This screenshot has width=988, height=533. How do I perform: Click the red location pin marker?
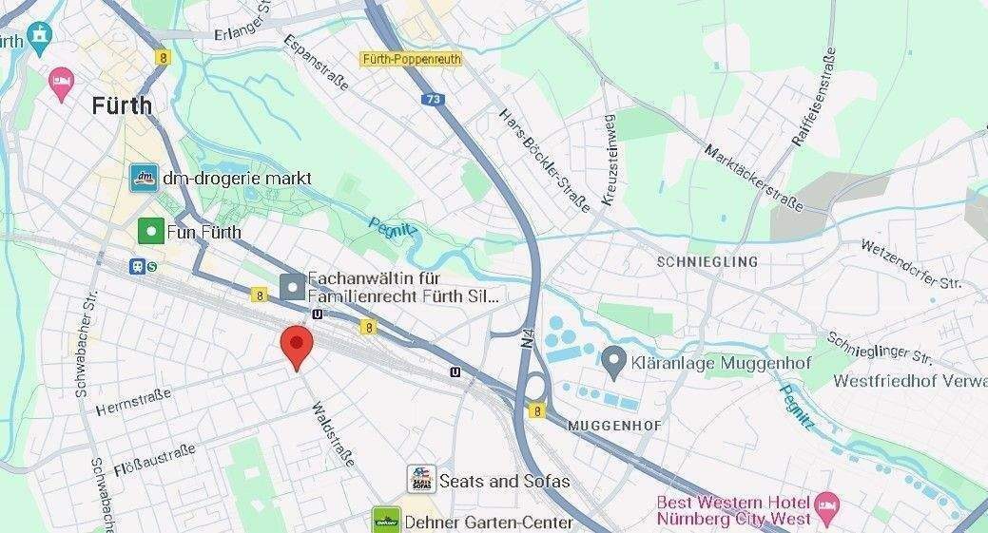tap(297, 346)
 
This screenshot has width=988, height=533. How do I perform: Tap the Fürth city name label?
tap(122, 105)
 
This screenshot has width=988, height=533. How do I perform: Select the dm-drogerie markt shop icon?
tap(144, 177)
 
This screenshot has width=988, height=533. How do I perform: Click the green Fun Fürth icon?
tap(150, 231)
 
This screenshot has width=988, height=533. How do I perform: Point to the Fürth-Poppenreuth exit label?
tap(411, 59)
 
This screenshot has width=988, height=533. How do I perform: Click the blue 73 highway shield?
tap(434, 99)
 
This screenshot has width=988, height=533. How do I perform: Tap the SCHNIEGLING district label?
tap(707, 261)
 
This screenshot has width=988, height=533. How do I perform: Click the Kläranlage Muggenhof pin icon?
tap(614, 360)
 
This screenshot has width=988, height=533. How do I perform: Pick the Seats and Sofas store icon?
tap(420, 479)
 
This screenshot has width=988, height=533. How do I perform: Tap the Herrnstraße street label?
tap(133, 401)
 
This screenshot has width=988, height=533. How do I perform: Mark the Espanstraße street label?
tap(316, 64)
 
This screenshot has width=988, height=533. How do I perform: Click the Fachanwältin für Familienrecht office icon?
tap(293, 286)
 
